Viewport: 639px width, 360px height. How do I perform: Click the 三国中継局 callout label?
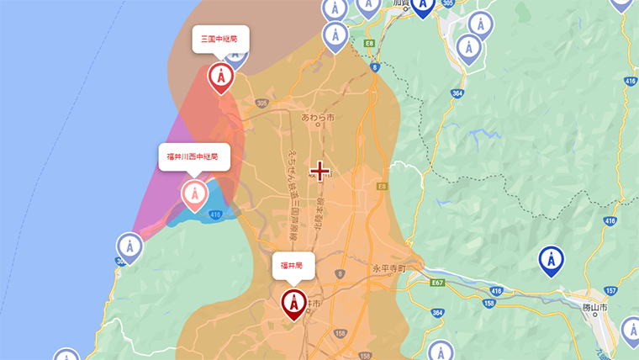tap(220, 39)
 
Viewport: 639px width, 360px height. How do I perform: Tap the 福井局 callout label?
tap(293, 266)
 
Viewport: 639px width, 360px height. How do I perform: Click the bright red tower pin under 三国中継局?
tap(220, 77)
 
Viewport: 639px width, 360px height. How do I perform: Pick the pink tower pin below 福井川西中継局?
tap(194, 195)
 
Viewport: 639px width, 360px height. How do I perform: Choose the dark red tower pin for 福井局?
tap(293, 303)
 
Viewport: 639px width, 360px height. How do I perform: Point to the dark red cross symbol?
tap(319, 172)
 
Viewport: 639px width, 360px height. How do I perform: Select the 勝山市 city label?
tap(595, 307)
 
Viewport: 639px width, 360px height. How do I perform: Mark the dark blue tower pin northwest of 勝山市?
tap(551, 261)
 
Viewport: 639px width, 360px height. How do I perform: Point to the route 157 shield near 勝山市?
tap(610, 290)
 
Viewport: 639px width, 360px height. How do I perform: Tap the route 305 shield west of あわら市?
tap(262, 103)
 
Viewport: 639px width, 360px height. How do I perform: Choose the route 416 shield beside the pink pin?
tap(216, 215)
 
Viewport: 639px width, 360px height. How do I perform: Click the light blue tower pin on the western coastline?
tap(129, 247)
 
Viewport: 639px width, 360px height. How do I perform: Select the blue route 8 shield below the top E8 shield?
tap(375, 66)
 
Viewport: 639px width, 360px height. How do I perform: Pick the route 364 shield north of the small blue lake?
tap(457, 93)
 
